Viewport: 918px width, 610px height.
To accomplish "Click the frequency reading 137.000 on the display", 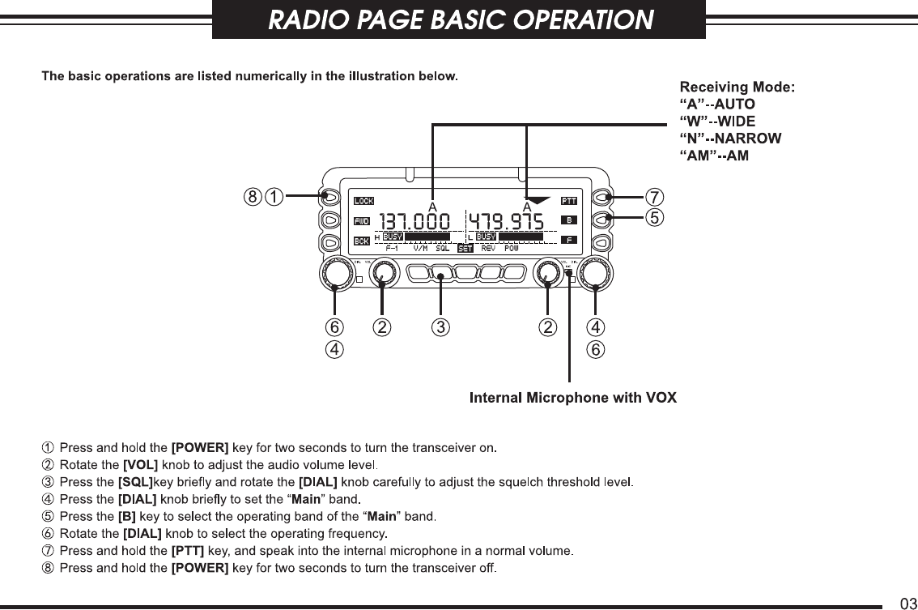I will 415,220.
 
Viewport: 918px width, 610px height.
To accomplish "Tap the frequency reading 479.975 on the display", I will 508,220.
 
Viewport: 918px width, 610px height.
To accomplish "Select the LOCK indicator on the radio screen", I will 363,201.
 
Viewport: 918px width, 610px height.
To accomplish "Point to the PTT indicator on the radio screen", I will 569,201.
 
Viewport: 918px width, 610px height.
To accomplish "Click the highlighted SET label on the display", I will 465,249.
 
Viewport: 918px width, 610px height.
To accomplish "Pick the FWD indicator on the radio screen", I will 362,221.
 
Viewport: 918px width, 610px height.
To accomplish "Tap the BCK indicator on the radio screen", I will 362,241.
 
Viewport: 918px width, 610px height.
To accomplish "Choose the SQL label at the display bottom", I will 443,249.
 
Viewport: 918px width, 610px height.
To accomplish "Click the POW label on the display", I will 512,249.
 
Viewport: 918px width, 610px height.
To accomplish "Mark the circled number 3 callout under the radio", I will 440,328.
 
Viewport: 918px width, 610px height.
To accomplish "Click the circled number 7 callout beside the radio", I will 653,197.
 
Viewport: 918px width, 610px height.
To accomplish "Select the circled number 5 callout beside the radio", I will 653,216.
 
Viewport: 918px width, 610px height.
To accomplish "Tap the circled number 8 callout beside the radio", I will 254,196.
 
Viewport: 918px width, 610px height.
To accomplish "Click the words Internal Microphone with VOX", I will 573,397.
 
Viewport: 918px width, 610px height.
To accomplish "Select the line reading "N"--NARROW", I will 730,139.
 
